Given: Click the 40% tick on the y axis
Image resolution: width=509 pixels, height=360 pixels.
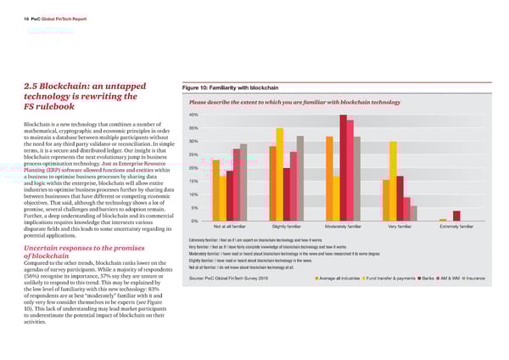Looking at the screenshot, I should click(193, 115).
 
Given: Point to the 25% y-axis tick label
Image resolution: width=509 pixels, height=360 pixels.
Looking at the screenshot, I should click(193, 155).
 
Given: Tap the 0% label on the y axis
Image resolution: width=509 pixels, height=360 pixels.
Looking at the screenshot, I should click(194, 222).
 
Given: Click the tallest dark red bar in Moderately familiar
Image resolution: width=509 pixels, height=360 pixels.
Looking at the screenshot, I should click(343, 167).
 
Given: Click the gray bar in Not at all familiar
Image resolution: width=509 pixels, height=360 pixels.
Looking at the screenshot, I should click(243, 182).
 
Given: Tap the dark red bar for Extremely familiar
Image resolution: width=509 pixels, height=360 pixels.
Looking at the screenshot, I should click(456, 216).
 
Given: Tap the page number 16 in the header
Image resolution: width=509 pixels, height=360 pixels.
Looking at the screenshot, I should click(14, 15).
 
